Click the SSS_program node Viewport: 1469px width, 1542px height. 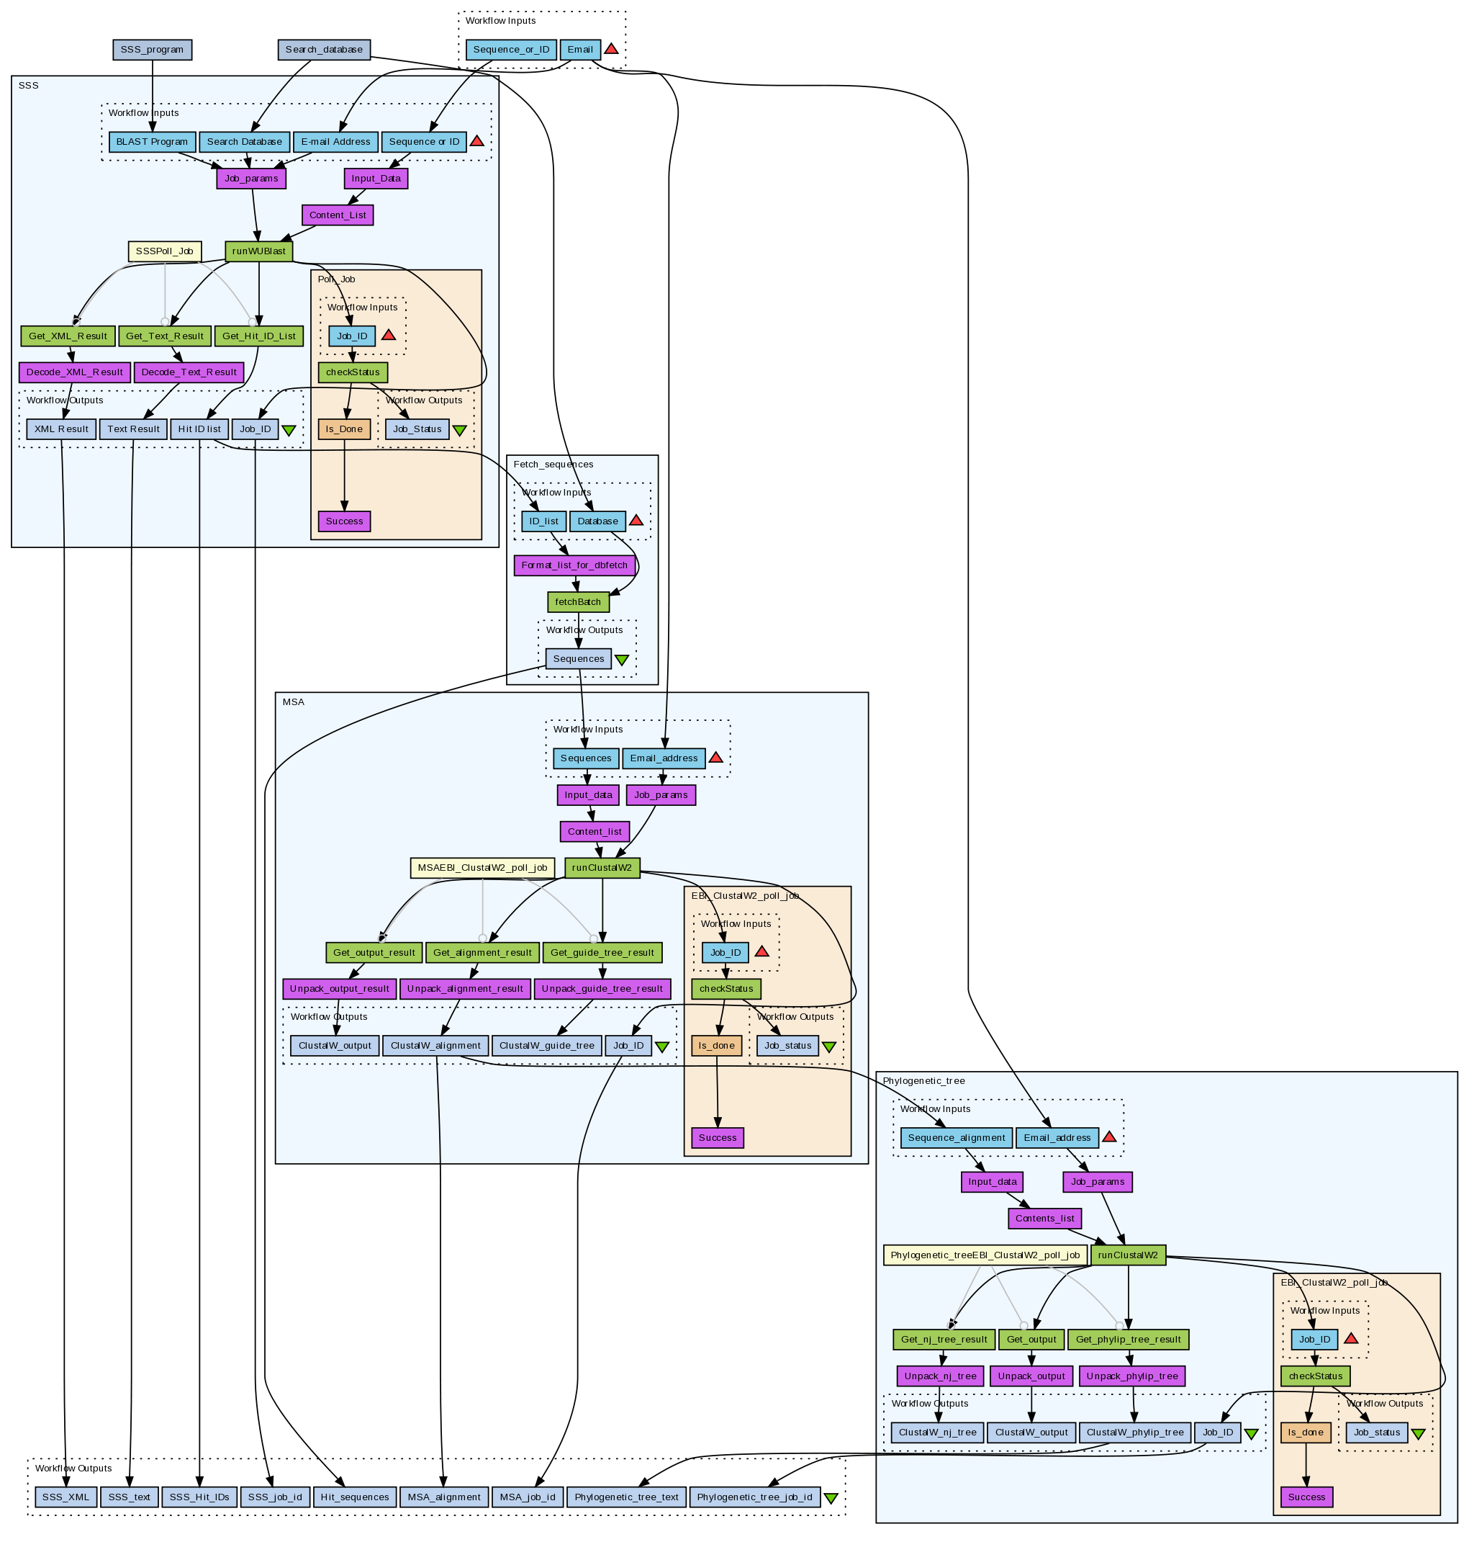[152, 50]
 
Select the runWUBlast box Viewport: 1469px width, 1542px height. [259, 251]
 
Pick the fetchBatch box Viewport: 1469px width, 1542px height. [578, 602]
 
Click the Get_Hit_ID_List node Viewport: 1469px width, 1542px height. [259, 336]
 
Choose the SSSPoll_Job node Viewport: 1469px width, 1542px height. [164, 251]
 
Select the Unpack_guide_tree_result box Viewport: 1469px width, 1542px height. [602, 988]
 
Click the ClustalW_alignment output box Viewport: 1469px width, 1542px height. [435, 1045]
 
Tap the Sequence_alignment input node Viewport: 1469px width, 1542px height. [956, 1138]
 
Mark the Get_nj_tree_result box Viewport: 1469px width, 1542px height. [944, 1339]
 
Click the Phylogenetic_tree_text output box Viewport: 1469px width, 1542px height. [626, 1497]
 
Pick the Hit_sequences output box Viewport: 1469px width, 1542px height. [355, 1497]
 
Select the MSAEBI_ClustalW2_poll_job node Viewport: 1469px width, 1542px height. [482, 868]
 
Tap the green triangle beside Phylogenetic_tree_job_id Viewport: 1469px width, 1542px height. [831, 1498]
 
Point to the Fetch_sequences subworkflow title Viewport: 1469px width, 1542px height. [553, 465]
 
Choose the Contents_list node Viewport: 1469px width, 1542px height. [1044, 1219]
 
